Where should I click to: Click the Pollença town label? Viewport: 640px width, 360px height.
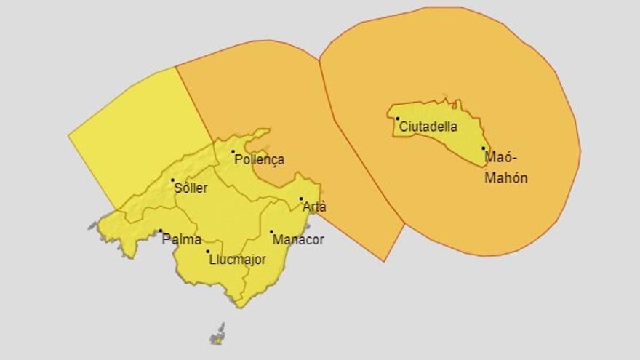258,160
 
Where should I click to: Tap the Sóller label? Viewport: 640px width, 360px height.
191,188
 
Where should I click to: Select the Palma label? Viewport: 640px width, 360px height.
182,239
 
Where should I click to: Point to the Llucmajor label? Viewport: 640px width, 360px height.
237,259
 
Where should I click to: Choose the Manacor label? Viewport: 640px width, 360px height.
298,239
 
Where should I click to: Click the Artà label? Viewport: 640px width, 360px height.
314,207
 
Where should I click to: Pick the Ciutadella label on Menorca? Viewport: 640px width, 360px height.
428,127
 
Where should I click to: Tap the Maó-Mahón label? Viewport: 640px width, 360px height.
506,167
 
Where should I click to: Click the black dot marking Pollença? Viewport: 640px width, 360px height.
233,152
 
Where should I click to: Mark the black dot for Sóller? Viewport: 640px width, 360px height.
173,180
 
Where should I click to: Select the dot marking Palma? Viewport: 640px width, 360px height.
161,231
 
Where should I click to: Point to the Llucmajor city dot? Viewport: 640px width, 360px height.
208,252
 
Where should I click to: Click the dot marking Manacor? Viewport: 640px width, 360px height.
271,232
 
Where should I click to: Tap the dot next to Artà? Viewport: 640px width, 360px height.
301,199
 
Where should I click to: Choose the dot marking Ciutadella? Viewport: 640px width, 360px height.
398,119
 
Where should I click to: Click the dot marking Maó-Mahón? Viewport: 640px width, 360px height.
483,148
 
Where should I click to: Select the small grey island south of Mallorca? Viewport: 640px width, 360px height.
217,336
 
